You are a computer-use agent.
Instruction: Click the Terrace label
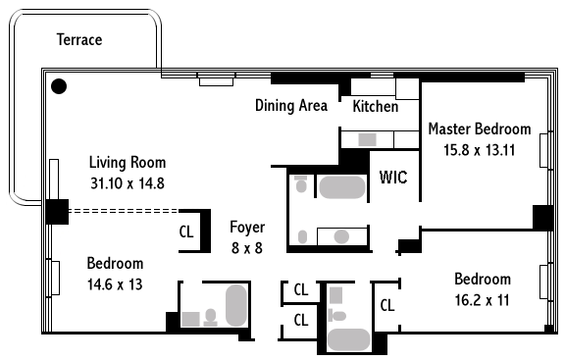(79, 39)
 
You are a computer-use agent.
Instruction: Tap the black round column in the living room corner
(59, 86)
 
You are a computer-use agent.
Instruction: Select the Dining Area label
(291, 106)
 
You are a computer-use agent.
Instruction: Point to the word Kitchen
(376, 106)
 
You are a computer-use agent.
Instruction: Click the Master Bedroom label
(480, 129)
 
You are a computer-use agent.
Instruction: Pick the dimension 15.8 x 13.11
(480, 150)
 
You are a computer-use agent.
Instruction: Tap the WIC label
(393, 177)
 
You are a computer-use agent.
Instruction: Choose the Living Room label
(128, 163)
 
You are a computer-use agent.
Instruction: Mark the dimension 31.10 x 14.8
(128, 183)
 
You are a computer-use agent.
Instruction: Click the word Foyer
(247, 228)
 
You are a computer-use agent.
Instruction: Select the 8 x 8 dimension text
(247, 248)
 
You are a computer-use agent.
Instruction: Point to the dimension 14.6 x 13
(115, 284)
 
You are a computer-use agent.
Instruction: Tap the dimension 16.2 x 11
(483, 300)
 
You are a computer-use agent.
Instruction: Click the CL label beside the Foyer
(186, 231)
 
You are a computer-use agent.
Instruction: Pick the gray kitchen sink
(367, 139)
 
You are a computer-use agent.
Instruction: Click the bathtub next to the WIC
(342, 187)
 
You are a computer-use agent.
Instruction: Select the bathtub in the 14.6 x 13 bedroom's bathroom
(236, 306)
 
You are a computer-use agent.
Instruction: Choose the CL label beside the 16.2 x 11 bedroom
(387, 305)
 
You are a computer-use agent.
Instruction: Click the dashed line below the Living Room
(124, 211)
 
